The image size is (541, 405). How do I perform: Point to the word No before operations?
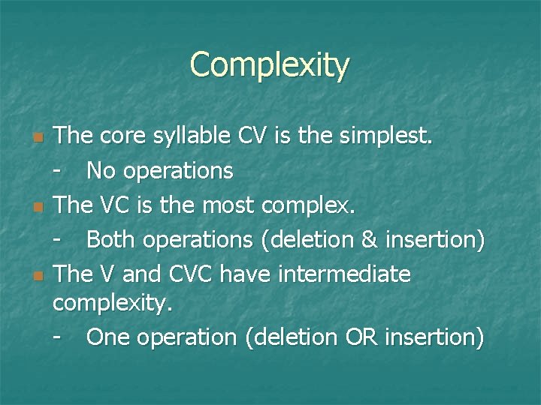click(x=101, y=171)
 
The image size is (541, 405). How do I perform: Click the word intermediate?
click(x=344, y=274)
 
